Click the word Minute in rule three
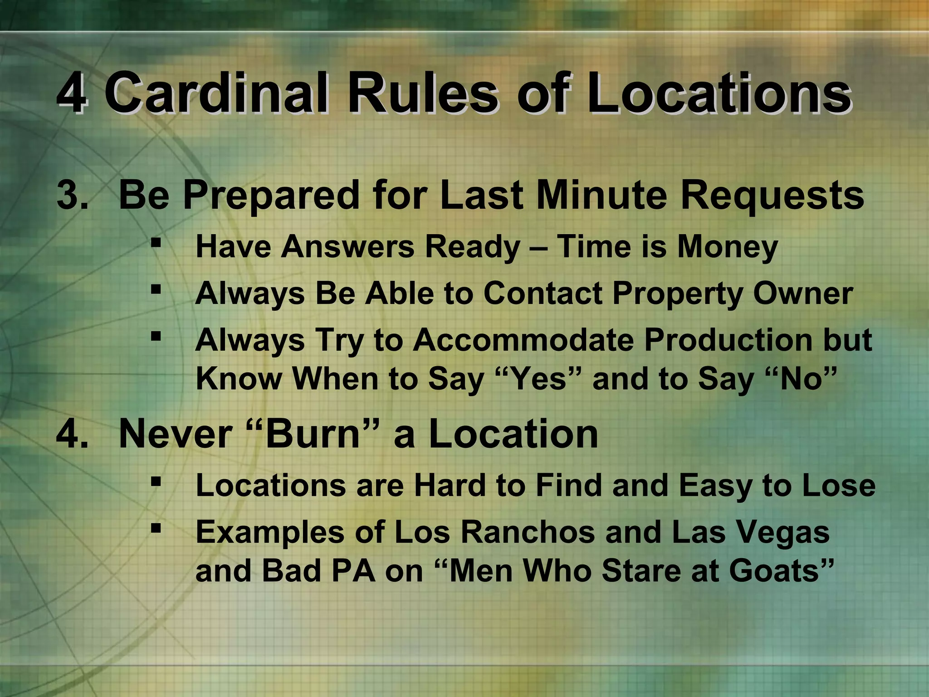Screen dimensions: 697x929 click(601, 195)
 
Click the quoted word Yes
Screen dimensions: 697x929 click(538, 379)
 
